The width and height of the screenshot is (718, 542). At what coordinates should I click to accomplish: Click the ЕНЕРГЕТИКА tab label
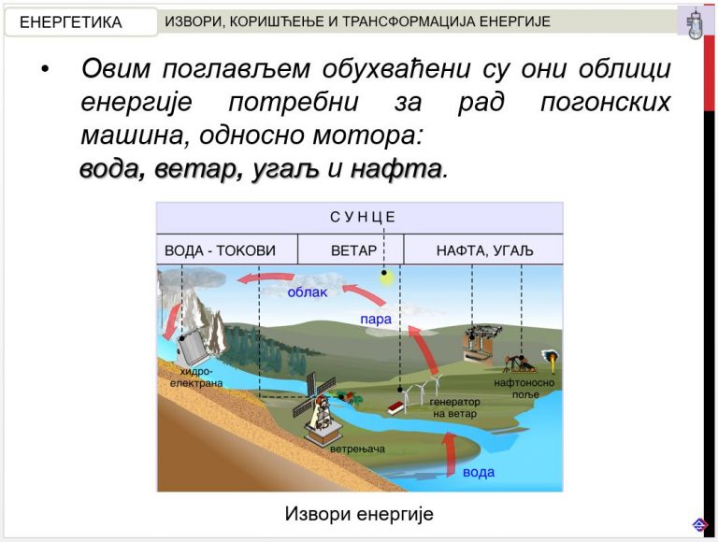click(x=70, y=22)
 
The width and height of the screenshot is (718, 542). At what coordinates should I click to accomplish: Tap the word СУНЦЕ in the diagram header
click(x=363, y=217)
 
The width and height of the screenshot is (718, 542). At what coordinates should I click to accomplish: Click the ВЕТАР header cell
click(x=351, y=250)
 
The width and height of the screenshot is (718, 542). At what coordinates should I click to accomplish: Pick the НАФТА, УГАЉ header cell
click(x=484, y=250)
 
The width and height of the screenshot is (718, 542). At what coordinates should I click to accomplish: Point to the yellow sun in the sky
click(x=387, y=277)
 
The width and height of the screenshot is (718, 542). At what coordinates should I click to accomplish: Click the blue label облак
click(x=308, y=292)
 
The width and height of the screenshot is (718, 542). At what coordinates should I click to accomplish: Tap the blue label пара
click(x=376, y=319)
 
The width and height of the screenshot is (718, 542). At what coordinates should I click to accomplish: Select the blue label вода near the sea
click(x=479, y=472)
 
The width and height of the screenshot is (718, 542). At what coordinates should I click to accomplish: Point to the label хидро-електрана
click(x=196, y=378)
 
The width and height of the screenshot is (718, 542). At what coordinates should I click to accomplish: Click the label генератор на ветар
click(x=454, y=407)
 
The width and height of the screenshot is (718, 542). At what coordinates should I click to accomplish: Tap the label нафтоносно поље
click(x=524, y=388)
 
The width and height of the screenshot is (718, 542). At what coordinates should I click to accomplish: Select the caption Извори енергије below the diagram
click(x=359, y=514)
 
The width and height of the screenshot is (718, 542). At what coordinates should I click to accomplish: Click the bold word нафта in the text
click(x=396, y=168)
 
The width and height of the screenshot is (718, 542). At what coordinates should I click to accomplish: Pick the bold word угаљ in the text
click(x=285, y=169)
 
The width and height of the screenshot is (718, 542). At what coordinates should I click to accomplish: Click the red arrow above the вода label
click(x=450, y=453)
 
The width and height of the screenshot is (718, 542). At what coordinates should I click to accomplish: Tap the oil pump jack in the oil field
click(x=520, y=363)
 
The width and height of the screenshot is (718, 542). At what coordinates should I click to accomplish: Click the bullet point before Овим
click(x=45, y=69)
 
